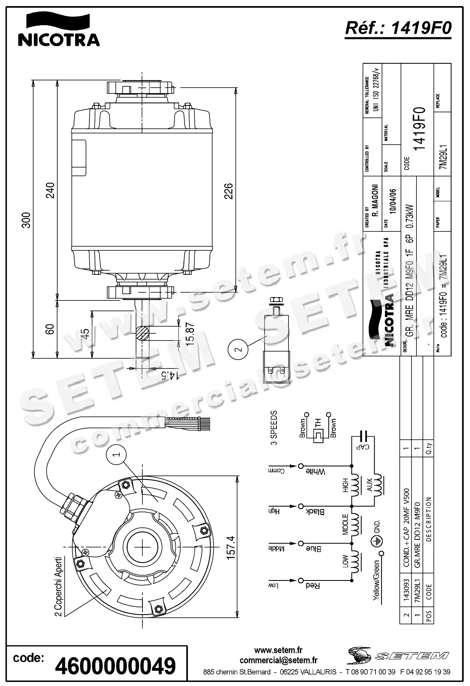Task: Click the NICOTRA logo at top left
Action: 58,29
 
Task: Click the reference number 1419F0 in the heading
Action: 397,28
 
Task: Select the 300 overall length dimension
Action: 26,220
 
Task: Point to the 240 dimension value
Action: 50,190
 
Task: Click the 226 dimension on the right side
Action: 229,191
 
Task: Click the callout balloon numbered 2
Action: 238,349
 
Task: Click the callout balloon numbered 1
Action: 116,455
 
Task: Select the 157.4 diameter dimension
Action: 230,548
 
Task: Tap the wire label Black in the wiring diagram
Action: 315,511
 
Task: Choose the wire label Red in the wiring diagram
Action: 313,585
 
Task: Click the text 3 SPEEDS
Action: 274,428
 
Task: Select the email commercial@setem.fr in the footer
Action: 278,660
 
